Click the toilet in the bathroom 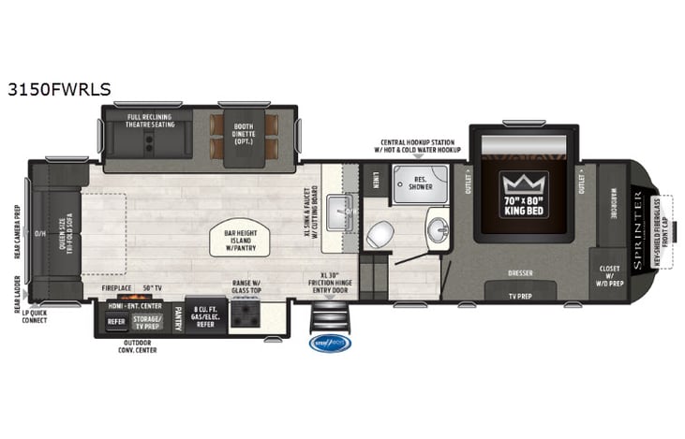[x=379, y=234]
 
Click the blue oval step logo [x=335, y=343]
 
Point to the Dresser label [x=522, y=274]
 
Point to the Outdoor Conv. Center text [x=138, y=348]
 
